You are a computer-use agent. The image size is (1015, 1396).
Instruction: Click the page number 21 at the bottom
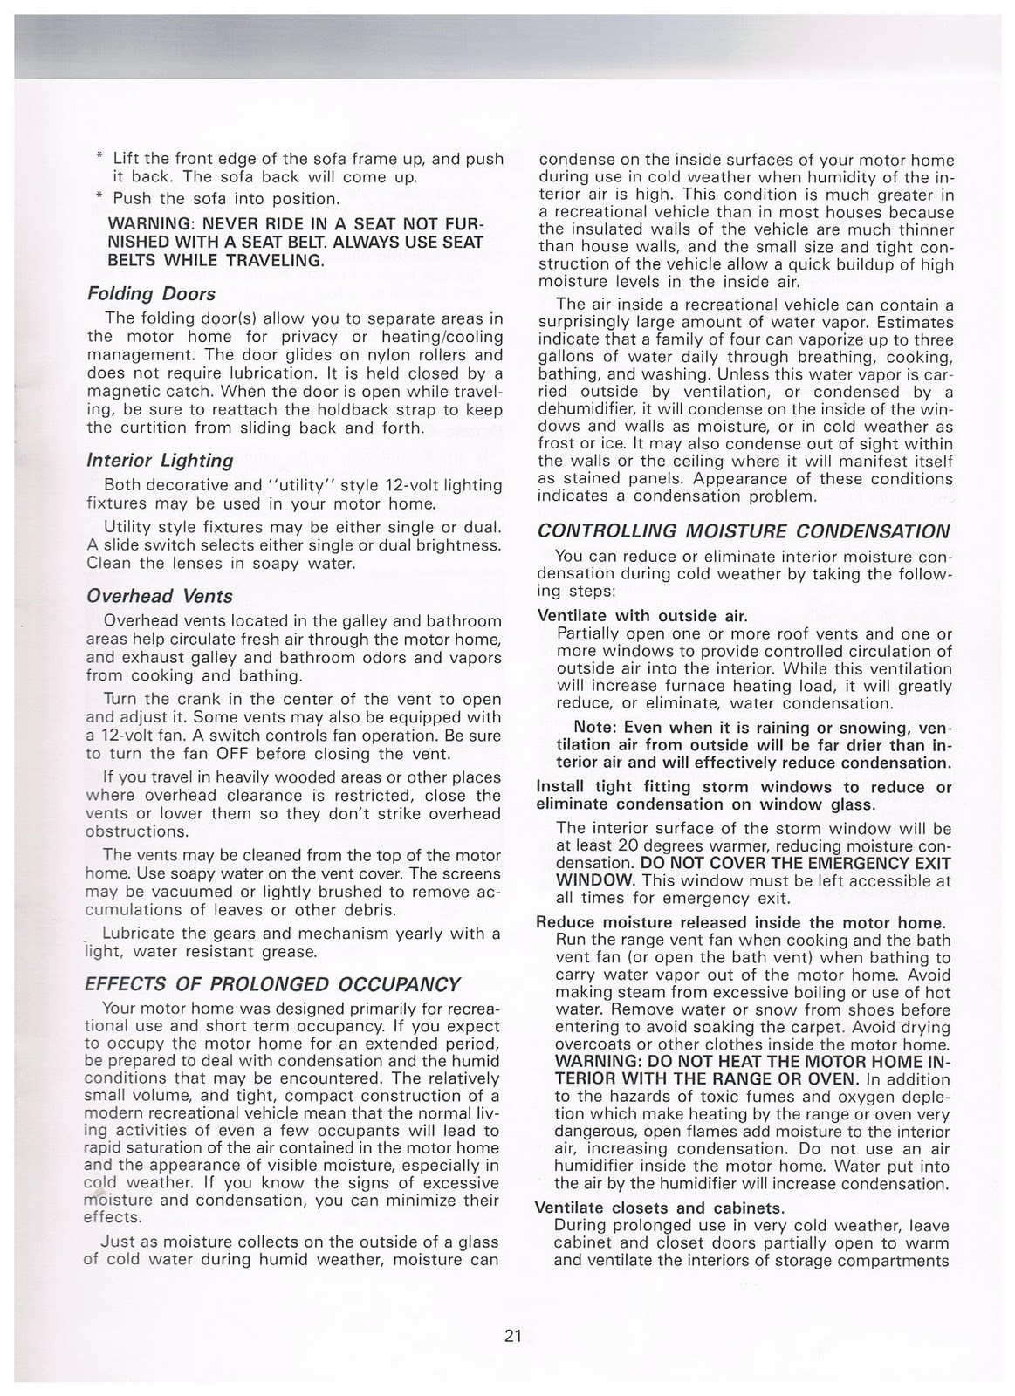(x=512, y=1336)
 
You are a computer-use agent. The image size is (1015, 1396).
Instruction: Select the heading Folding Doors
(x=152, y=294)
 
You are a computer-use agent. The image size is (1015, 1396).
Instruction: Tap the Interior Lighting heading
(x=160, y=460)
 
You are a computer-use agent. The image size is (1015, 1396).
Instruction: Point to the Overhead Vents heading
(x=160, y=596)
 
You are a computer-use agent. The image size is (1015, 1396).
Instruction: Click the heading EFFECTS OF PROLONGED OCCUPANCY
(x=271, y=984)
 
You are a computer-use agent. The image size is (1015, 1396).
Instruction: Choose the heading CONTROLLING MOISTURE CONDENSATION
(x=743, y=530)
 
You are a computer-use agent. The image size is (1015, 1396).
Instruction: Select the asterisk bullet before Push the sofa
(x=99, y=198)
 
